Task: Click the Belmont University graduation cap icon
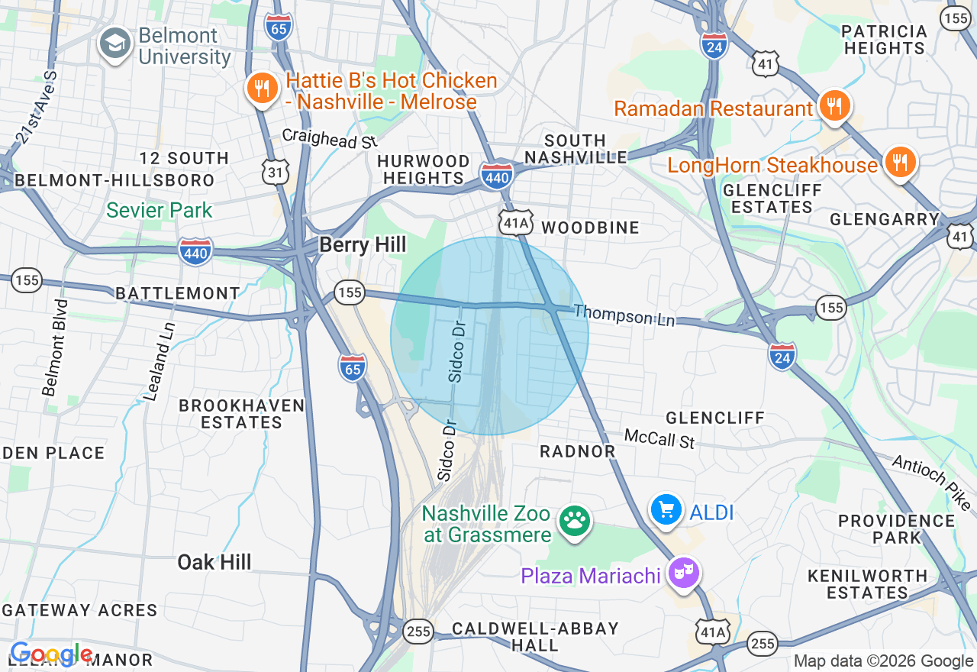(115, 44)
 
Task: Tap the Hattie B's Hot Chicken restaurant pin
(262, 89)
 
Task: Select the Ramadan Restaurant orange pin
(835, 105)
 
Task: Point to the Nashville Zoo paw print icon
(574, 522)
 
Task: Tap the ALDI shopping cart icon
(666, 509)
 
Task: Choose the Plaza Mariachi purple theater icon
(684, 572)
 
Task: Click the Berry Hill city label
(363, 244)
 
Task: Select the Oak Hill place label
(214, 563)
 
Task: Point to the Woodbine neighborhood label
(590, 228)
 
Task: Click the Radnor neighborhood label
(577, 451)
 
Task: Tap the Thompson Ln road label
(624, 315)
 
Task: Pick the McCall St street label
(659, 438)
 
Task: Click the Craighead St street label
(330, 138)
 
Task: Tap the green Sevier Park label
(160, 210)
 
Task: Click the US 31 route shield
(276, 173)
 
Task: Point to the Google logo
(51, 654)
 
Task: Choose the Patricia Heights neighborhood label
(885, 40)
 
